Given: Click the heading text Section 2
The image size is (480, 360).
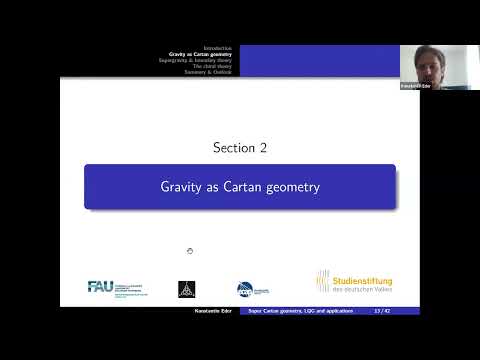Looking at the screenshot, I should click(x=239, y=148).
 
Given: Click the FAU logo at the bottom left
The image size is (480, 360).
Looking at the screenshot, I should click(x=101, y=287).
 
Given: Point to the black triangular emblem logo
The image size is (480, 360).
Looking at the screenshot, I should click(x=185, y=288).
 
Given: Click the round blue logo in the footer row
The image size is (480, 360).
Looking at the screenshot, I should click(x=245, y=288).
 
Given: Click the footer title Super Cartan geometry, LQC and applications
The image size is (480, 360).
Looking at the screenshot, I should click(x=301, y=311).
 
